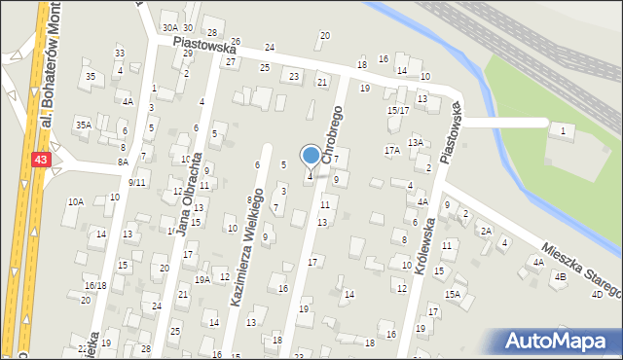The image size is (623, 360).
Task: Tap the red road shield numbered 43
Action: (x=40, y=159)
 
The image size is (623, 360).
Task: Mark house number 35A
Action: (x=84, y=125)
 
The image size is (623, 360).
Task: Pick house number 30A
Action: (x=169, y=28)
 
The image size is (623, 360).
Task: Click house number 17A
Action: (x=392, y=151)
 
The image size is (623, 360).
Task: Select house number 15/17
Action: (x=397, y=110)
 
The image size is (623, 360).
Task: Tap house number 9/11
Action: (x=136, y=182)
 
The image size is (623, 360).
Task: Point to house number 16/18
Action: (x=94, y=285)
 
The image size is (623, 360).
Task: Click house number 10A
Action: (x=75, y=201)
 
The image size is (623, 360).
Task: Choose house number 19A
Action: (x=202, y=279)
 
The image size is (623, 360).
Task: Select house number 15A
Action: (x=453, y=294)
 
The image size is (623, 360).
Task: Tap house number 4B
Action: (x=560, y=276)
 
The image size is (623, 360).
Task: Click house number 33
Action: (x=120, y=54)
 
